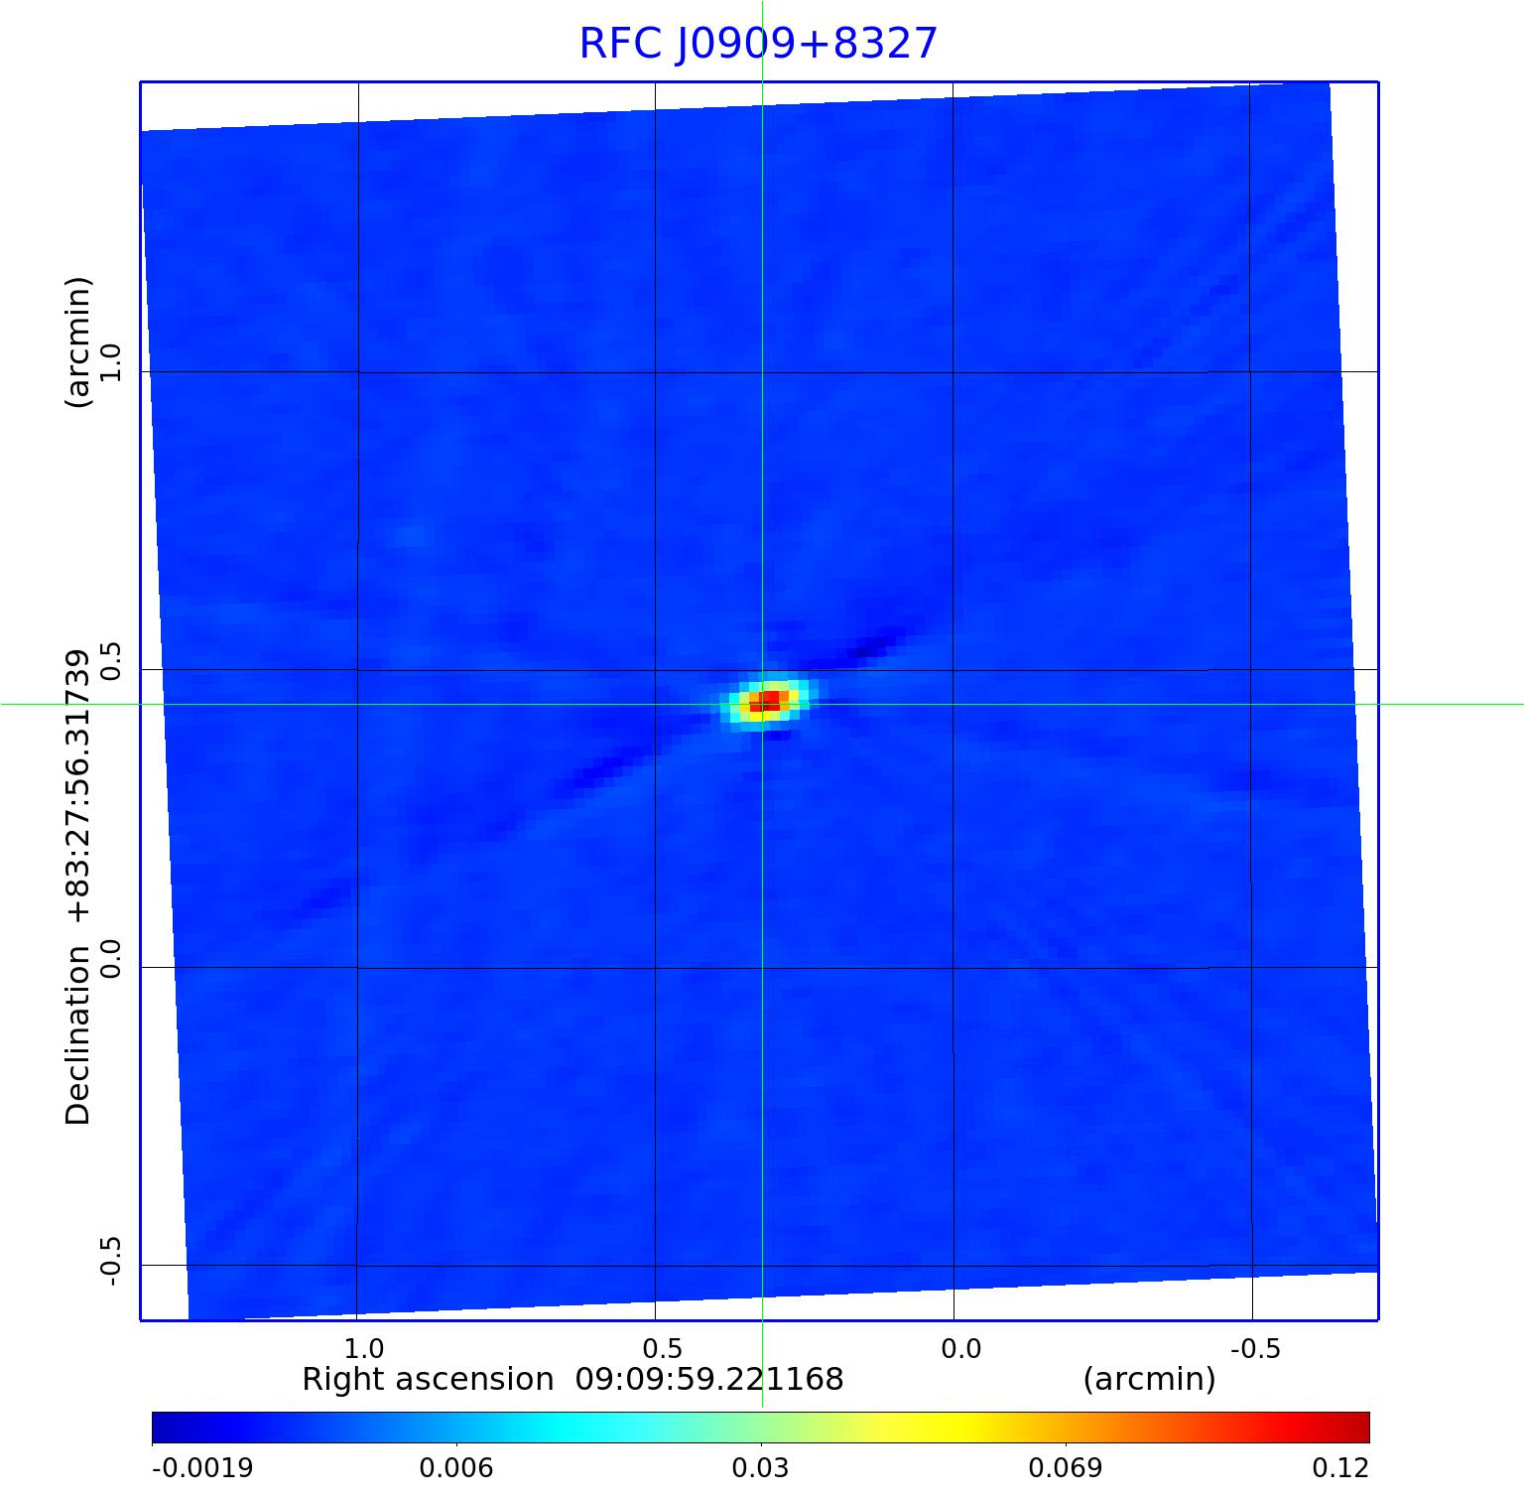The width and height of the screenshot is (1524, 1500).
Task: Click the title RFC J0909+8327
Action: point(758,44)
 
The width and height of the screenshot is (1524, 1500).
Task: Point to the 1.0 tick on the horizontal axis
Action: point(363,1348)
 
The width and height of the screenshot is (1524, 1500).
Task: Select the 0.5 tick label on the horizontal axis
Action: point(662,1348)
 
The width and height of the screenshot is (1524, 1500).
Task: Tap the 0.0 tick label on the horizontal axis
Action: point(959,1348)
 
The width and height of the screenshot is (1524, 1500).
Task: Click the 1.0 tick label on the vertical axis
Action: point(110,362)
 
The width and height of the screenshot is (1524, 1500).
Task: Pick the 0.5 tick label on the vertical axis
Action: point(110,661)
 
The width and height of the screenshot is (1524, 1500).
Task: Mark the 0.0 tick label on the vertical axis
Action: point(110,959)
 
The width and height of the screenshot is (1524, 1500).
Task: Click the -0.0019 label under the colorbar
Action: point(202,1467)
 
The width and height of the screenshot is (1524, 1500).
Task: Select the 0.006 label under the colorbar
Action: point(457,1467)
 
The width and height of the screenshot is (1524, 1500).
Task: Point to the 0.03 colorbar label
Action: point(761,1467)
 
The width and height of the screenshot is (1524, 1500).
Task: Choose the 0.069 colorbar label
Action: point(1065,1467)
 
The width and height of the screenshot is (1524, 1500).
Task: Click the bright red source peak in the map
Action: point(765,702)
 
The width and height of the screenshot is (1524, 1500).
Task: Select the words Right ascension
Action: point(427,1380)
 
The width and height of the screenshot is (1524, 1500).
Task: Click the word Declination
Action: point(77,1034)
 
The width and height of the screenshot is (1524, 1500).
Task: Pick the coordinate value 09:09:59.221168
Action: point(709,1380)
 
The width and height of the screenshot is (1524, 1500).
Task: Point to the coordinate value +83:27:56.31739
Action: point(77,786)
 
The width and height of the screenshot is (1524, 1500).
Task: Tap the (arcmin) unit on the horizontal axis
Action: point(1149,1380)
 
